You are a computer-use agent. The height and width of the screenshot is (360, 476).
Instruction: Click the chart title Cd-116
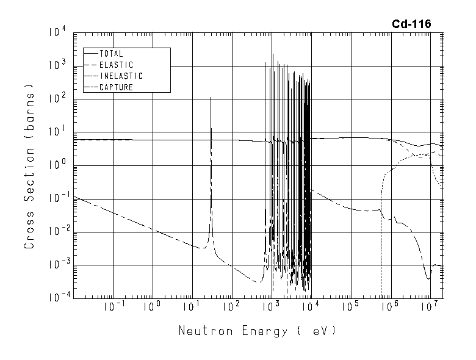click(411, 24)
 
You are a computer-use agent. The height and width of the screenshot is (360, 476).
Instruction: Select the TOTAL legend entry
click(110, 54)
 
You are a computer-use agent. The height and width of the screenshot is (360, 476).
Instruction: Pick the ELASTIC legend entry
click(115, 65)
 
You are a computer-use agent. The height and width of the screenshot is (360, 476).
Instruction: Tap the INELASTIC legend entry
click(120, 76)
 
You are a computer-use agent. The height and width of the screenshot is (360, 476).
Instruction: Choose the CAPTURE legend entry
click(115, 87)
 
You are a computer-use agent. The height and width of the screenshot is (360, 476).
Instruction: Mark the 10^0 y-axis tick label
click(59, 165)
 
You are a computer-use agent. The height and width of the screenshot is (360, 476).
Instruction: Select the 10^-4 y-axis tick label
click(57, 297)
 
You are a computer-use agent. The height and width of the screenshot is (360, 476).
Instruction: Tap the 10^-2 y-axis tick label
click(57, 231)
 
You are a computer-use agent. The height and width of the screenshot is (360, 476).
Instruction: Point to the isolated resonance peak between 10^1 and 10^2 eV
click(211, 98)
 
